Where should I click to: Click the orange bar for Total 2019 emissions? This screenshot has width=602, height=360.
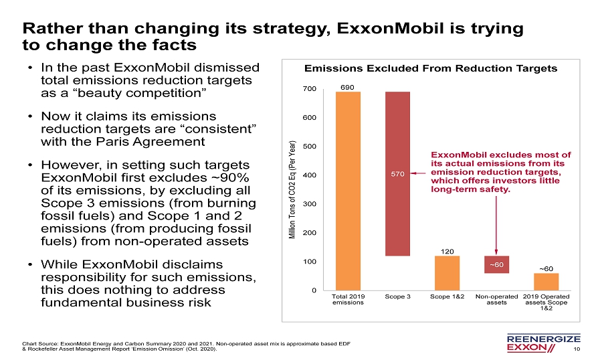[x=348, y=190]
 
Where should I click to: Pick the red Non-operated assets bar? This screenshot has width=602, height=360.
[x=496, y=264]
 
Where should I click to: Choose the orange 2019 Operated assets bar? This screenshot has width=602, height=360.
[x=546, y=281]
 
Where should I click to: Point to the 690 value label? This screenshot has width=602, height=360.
[x=348, y=87]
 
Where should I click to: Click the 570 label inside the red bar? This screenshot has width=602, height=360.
[x=397, y=174]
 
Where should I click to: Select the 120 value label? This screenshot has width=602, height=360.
[x=447, y=251]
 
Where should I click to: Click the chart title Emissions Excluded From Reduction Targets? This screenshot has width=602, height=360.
[x=431, y=69]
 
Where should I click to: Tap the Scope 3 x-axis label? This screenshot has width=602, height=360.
[x=397, y=296]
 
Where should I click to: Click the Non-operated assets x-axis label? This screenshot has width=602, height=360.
[x=496, y=299]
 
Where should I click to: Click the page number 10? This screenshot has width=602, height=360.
[x=577, y=349]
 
